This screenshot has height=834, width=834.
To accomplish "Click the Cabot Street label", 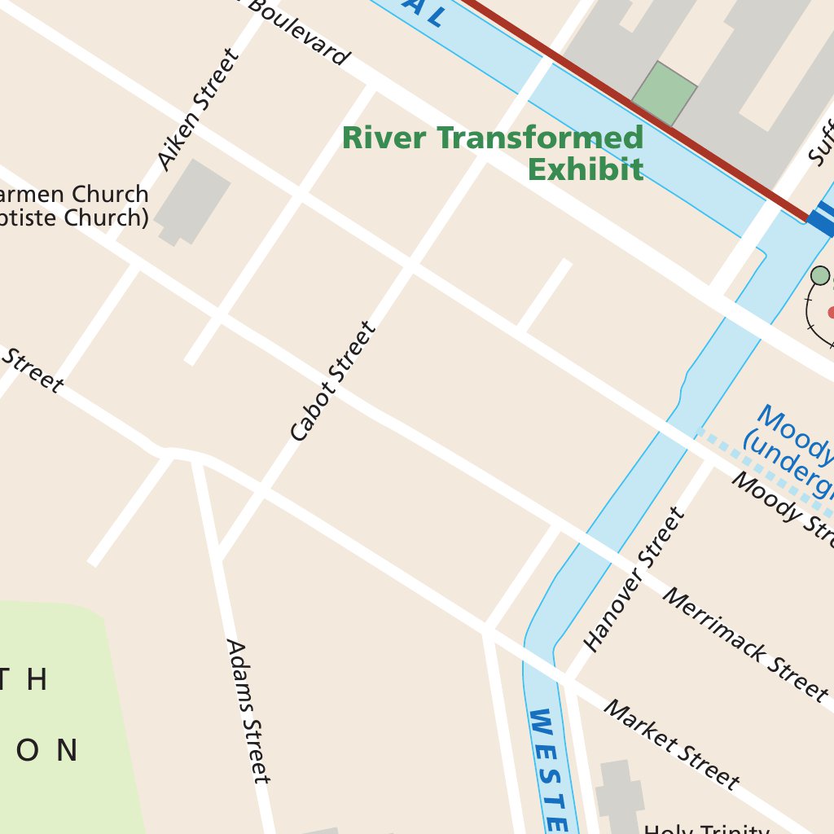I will pyautogui.click(x=334, y=382).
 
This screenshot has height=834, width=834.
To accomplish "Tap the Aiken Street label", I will pyautogui.click(x=199, y=110).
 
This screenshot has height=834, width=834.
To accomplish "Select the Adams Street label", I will pyautogui.click(x=248, y=710).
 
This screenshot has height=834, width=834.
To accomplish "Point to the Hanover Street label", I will pyautogui.click(x=635, y=579).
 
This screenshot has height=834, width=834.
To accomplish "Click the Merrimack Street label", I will pyautogui.click(x=744, y=643).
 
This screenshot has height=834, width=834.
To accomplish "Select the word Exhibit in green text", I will pyautogui.click(x=585, y=169).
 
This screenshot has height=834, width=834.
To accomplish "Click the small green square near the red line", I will pyautogui.click(x=664, y=94).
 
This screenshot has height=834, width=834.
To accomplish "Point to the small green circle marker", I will pyautogui.click(x=820, y=275).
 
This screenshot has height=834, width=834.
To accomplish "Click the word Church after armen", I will pyautogui.click(x=111, y=195).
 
